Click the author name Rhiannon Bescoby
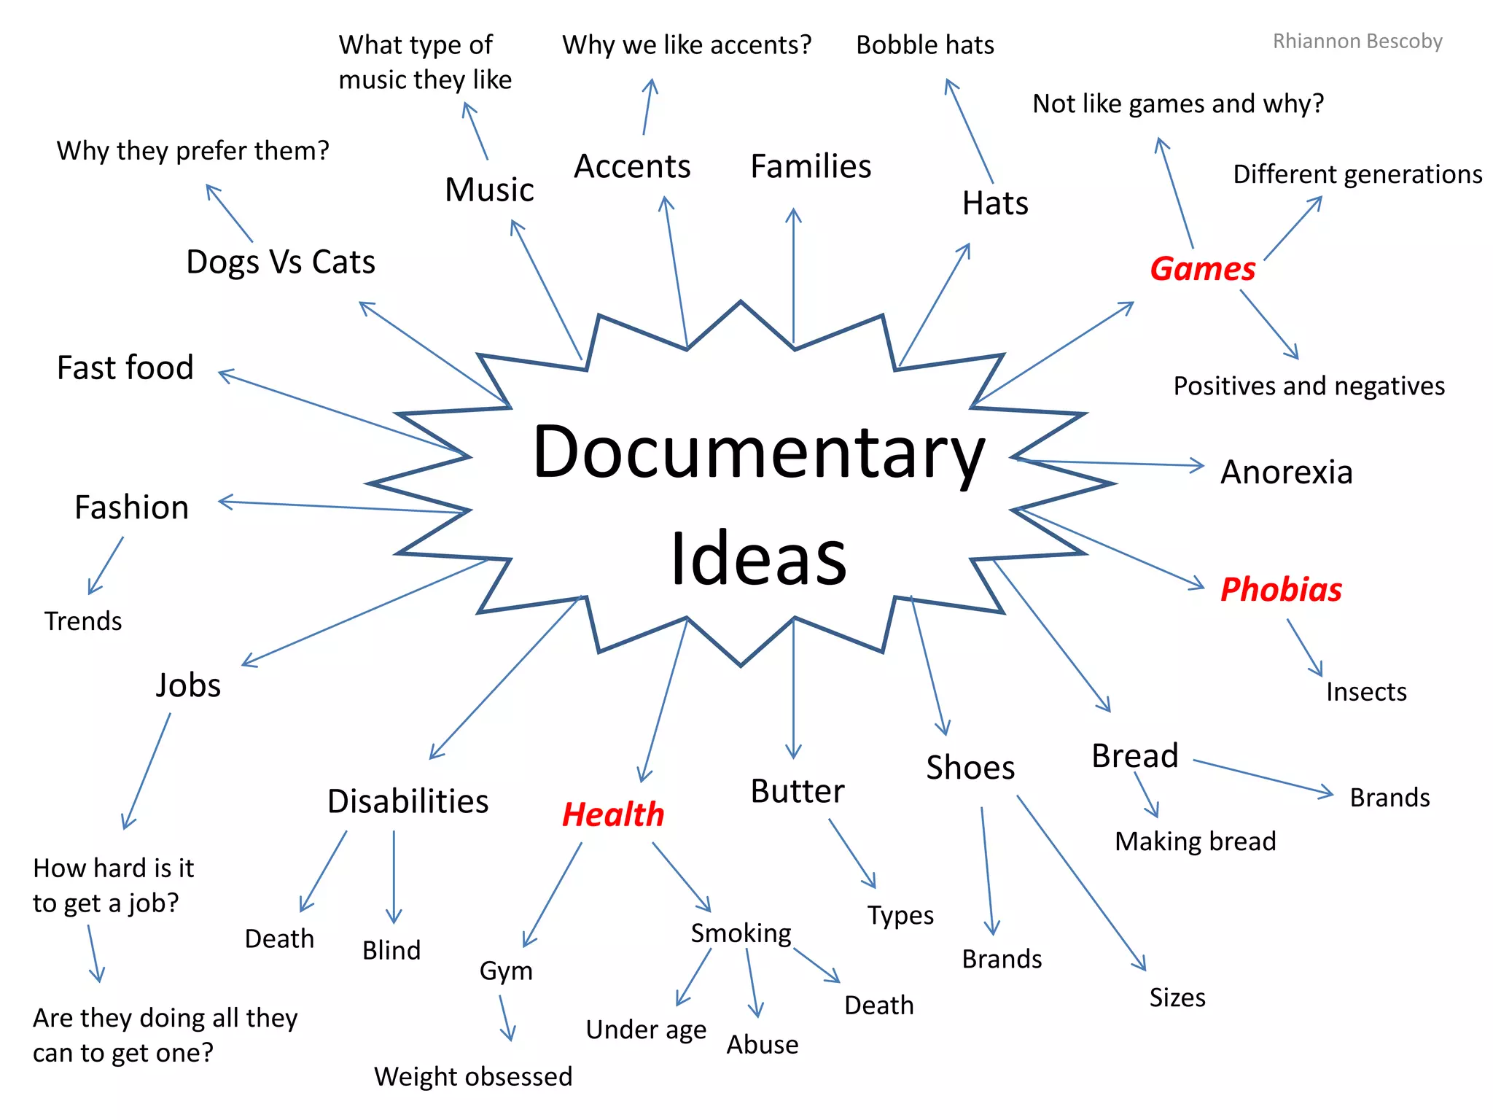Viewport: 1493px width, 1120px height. pos(1357,42)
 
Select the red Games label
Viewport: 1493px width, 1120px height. pos(1203,269)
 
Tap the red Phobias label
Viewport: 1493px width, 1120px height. pos(1281,589)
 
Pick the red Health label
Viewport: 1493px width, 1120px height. pos(613,814)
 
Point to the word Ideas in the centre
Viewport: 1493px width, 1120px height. pos(758,559)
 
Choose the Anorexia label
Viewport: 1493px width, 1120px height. pos(1286,472)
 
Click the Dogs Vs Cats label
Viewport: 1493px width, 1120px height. pos(281,262)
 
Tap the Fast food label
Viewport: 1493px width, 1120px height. pos(125,367)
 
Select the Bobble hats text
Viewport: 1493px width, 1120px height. pos(924,45)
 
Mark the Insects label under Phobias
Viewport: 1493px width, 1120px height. pos(1366,691)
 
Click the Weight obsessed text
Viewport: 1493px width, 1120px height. pos(473,1076)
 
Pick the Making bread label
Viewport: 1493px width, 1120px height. pos(1196,841)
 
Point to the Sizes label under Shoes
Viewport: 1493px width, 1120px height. pos(1177,997)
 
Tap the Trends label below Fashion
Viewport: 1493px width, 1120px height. pos(83,621)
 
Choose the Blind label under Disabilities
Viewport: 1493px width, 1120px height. pos(391,951)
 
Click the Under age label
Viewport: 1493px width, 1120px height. pos(646,1030)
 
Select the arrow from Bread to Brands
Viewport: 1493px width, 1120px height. pos(1263,777)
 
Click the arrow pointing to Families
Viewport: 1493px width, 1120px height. pos(794,277)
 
